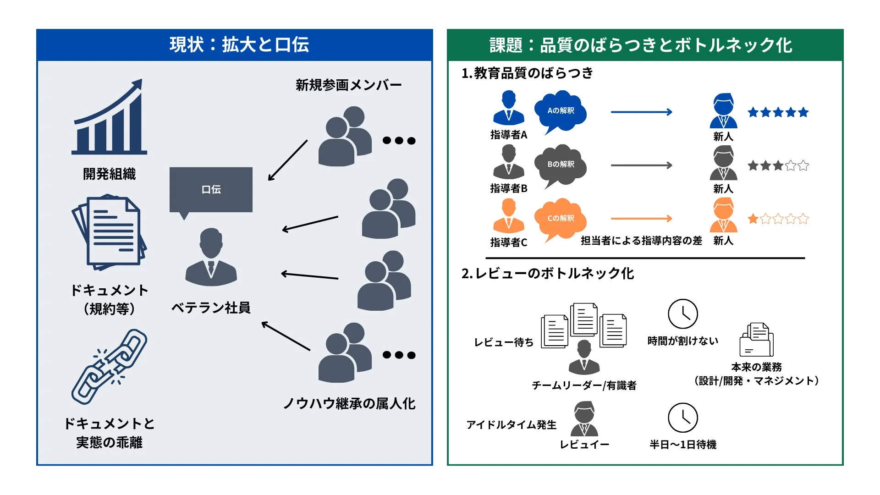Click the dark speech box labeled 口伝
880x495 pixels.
[211, 189]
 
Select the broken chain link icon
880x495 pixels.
[109, 367]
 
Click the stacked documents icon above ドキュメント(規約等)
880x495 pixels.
[109, 232]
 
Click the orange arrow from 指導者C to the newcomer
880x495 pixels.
[641, 219]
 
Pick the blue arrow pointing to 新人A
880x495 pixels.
[641, 112]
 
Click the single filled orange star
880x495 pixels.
[753, 219]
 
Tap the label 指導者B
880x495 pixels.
[509, 188]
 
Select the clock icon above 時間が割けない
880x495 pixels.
[682, 314]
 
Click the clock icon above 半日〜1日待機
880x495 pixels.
[682, 418]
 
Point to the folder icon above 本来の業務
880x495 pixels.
[756, 340]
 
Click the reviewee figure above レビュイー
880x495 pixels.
[584, 418]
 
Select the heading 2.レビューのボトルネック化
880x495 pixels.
[548, 274]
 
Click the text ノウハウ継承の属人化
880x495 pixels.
[349, 403]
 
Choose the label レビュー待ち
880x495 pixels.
[504, 342]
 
